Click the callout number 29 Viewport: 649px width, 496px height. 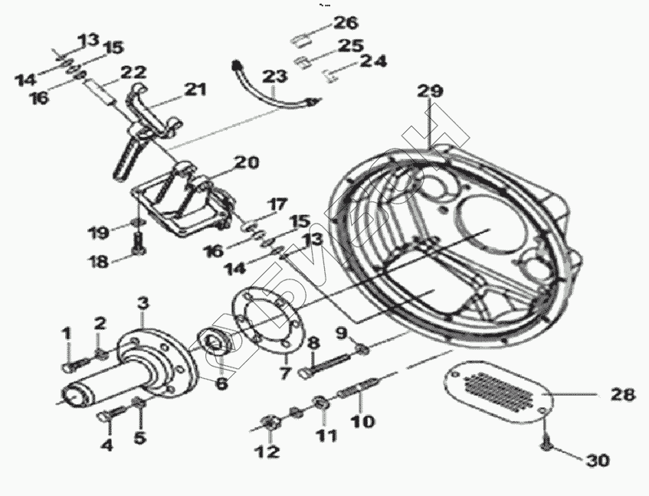(430, 91)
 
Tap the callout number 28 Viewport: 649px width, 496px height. (622, 395)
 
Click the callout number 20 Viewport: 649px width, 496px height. (247, 162)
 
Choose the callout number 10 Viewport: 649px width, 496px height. (363, 421)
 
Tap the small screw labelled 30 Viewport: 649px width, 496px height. (546, 442)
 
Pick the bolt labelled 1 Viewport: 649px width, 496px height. (70, 364)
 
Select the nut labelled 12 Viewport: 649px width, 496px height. (270, 422)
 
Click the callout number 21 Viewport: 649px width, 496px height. (195, 90)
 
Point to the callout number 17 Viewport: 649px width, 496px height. (277, 205)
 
